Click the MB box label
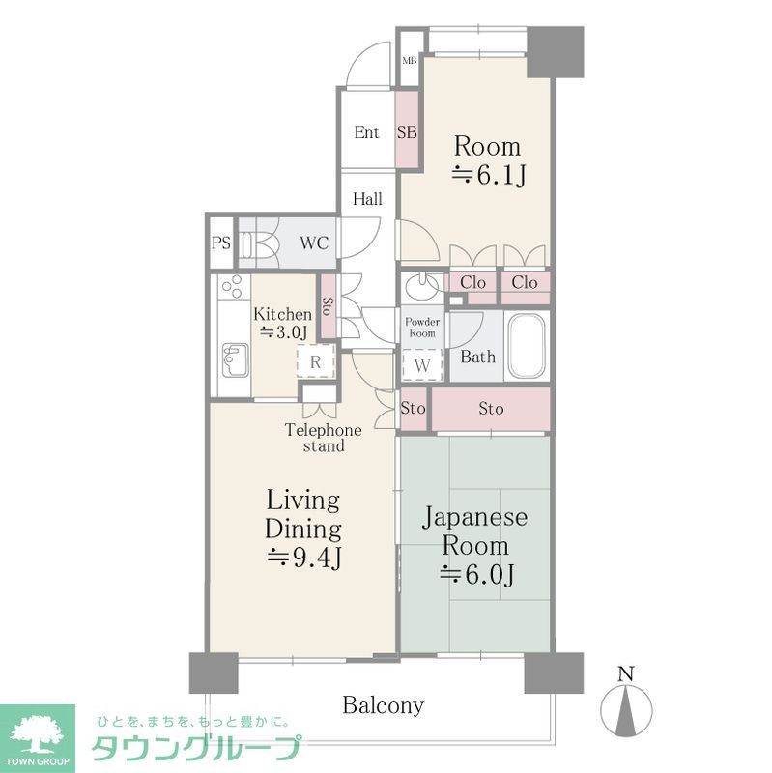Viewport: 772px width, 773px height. (409, 60)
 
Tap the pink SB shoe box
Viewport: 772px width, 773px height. (407, 132)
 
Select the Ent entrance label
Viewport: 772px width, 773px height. (366, 132)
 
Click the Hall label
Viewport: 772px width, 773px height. (366, 200)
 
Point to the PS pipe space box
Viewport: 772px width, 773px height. (221, 243)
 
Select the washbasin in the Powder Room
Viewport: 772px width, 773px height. (419, 287)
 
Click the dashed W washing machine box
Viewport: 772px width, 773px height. (422, 366)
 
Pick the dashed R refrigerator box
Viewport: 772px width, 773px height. (315, 361)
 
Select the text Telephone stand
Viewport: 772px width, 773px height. (323, 438)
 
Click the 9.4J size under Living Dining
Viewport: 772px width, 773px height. (304, 558)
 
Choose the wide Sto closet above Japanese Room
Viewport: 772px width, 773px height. (491, 409)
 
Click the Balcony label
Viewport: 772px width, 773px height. (384, 705)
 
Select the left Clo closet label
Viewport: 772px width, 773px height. (472, 283)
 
